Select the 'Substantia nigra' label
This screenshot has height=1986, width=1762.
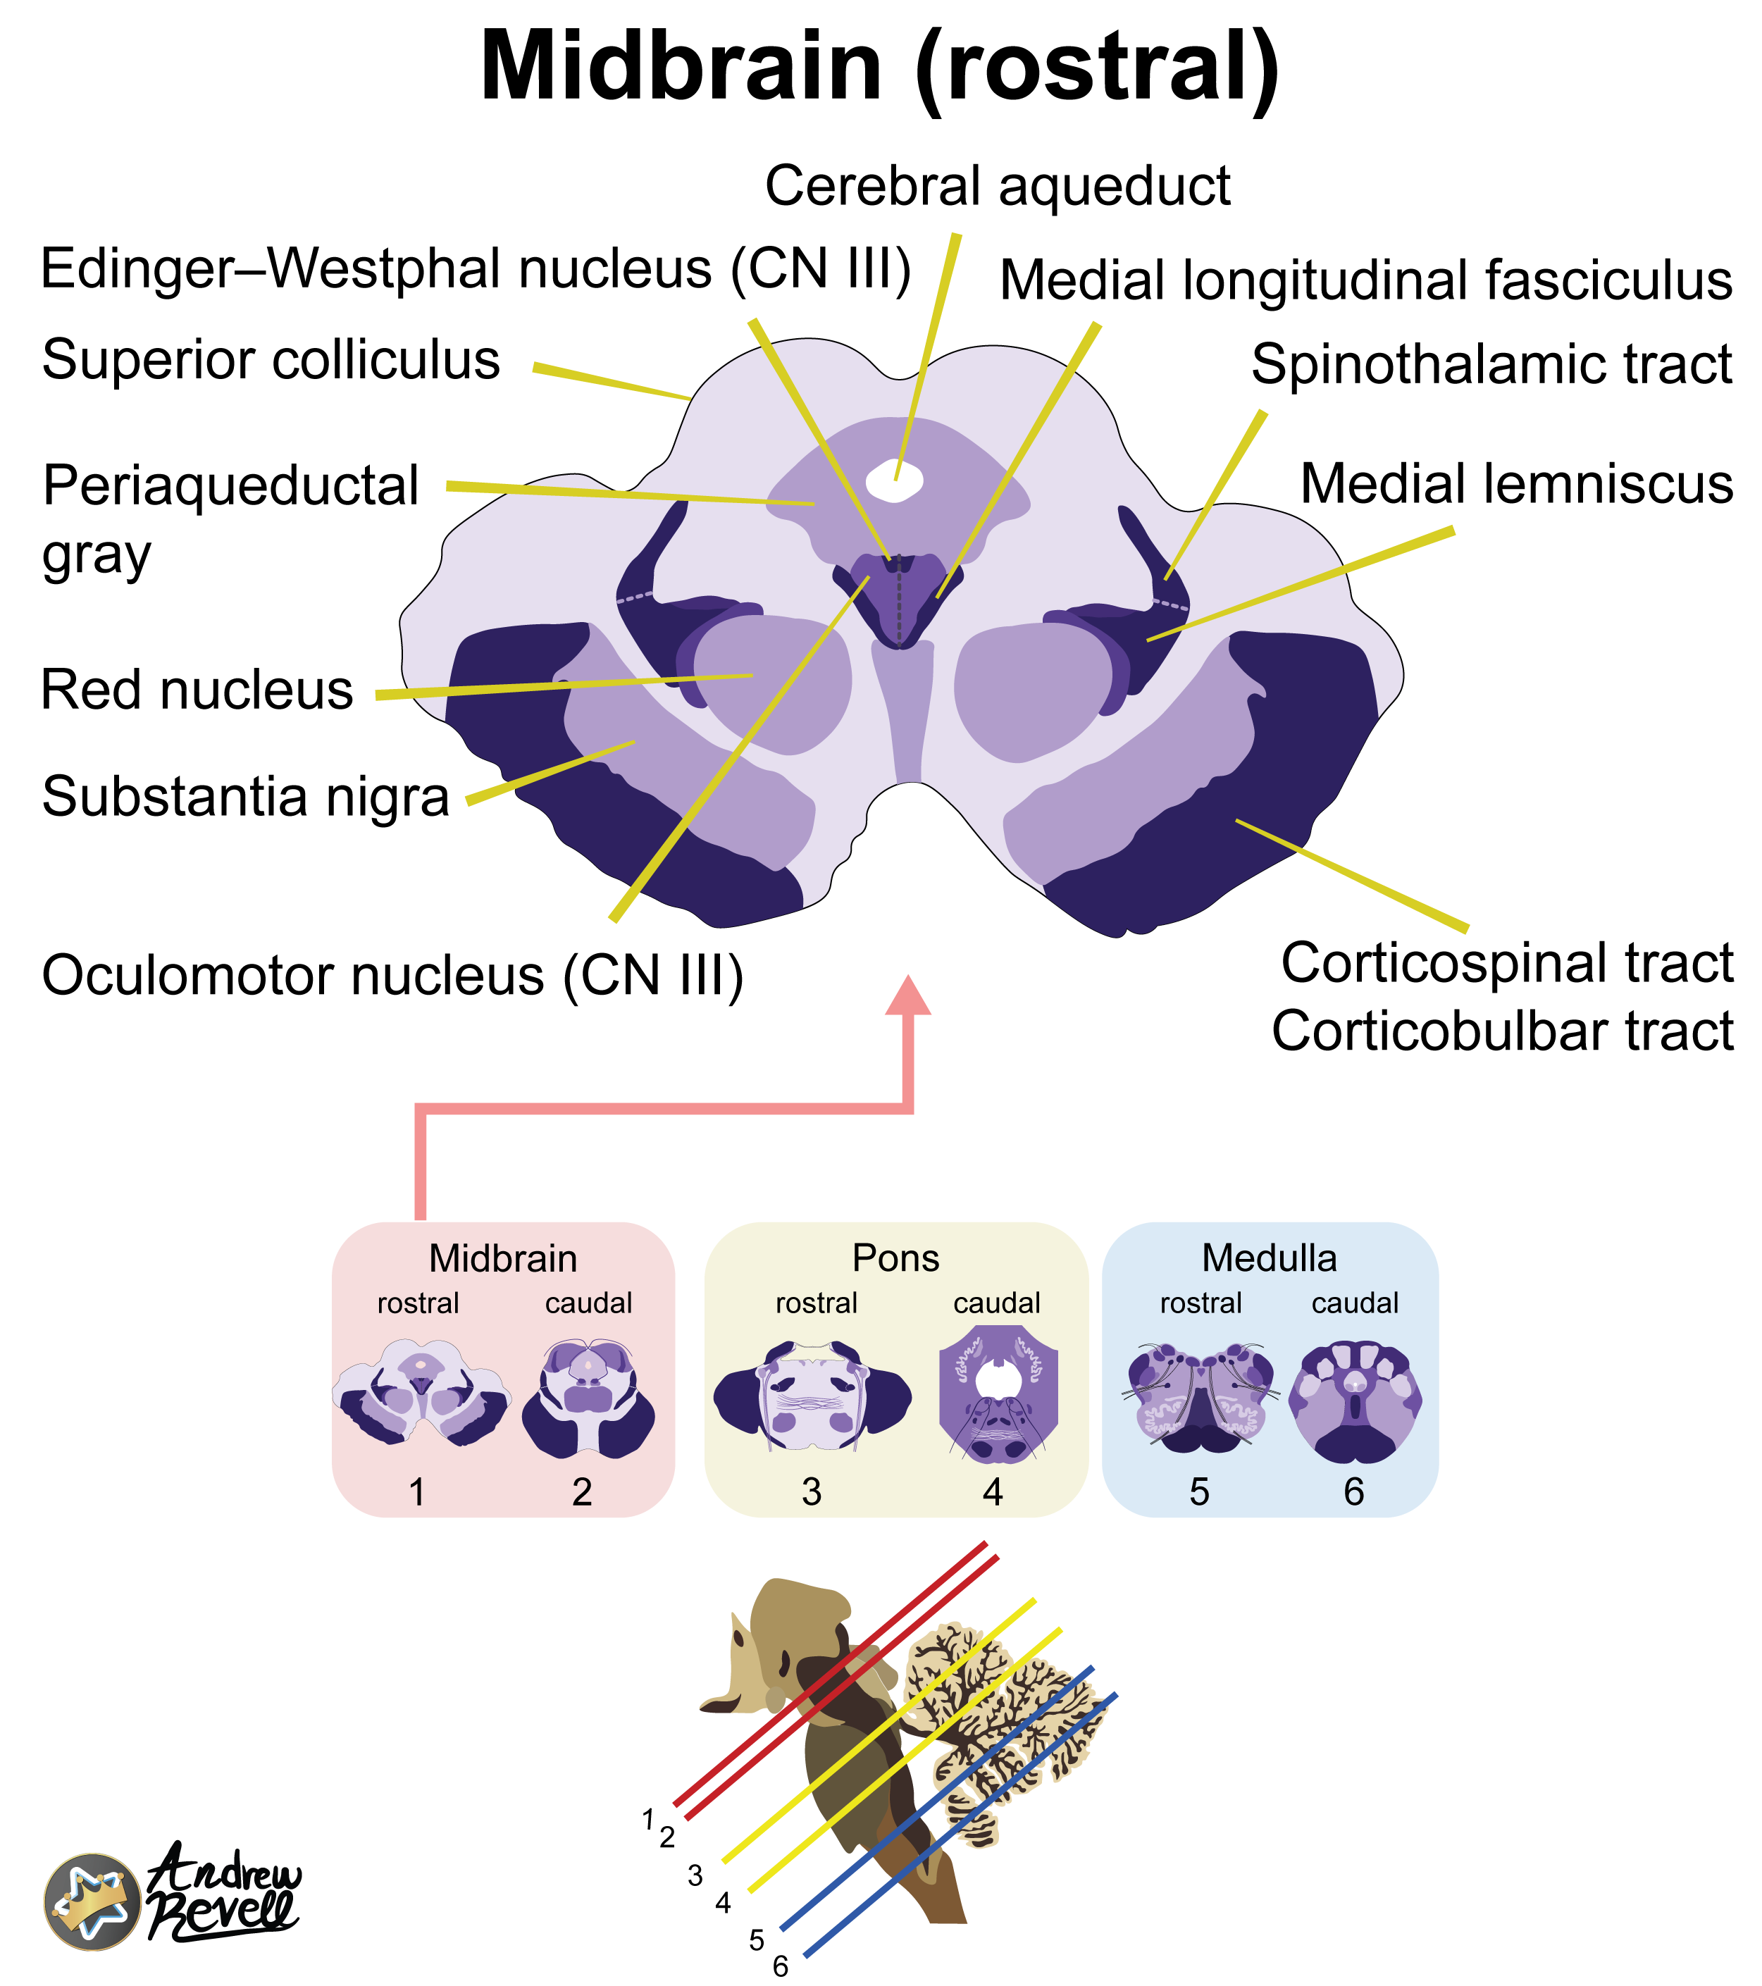click(x=245, y=797)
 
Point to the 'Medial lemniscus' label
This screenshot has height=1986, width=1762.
click(x=1516, y=484)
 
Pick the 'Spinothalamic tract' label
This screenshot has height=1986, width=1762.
click(x=1491, y=364)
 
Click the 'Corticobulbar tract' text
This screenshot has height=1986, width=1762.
click(x=1503, y=1030)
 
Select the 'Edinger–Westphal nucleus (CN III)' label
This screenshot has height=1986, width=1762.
click(x=476, y=268)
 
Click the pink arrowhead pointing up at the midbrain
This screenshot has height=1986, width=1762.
click(x=907, y=997)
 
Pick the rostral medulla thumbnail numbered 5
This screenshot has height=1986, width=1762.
click(x=1201, y=1397)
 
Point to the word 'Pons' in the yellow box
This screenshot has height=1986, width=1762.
click(x=895, y=1258)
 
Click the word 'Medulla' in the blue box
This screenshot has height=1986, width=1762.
click(x=1270, y=1258)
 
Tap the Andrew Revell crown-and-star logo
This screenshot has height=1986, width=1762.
click(x=92, y=1901)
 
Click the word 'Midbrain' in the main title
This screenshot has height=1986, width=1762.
click(x=681, y=66)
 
